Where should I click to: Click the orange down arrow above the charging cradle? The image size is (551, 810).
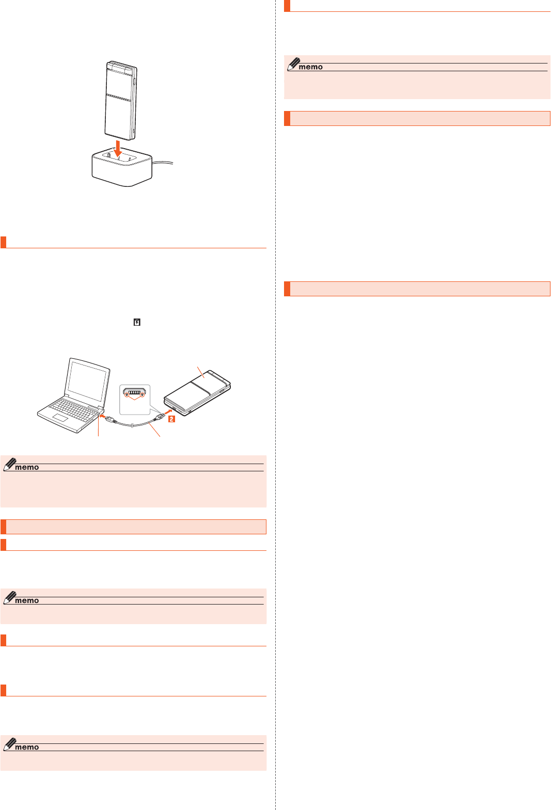click(x=118, y=149)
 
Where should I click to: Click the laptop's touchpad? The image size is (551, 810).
click(x=60, y=418)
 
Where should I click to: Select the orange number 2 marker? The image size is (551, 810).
click(x=171, y=419)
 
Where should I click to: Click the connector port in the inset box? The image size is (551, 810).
click(x=134, y=393)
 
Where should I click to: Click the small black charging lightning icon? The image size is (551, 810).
click(x=137, y=322)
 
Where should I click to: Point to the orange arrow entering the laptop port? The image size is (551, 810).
click(x=103, y=416)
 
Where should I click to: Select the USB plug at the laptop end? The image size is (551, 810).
click(x=110, y=419)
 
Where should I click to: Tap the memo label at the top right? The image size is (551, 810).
click(x=310, y=67)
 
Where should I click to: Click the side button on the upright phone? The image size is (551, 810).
click(x=135, y=81)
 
